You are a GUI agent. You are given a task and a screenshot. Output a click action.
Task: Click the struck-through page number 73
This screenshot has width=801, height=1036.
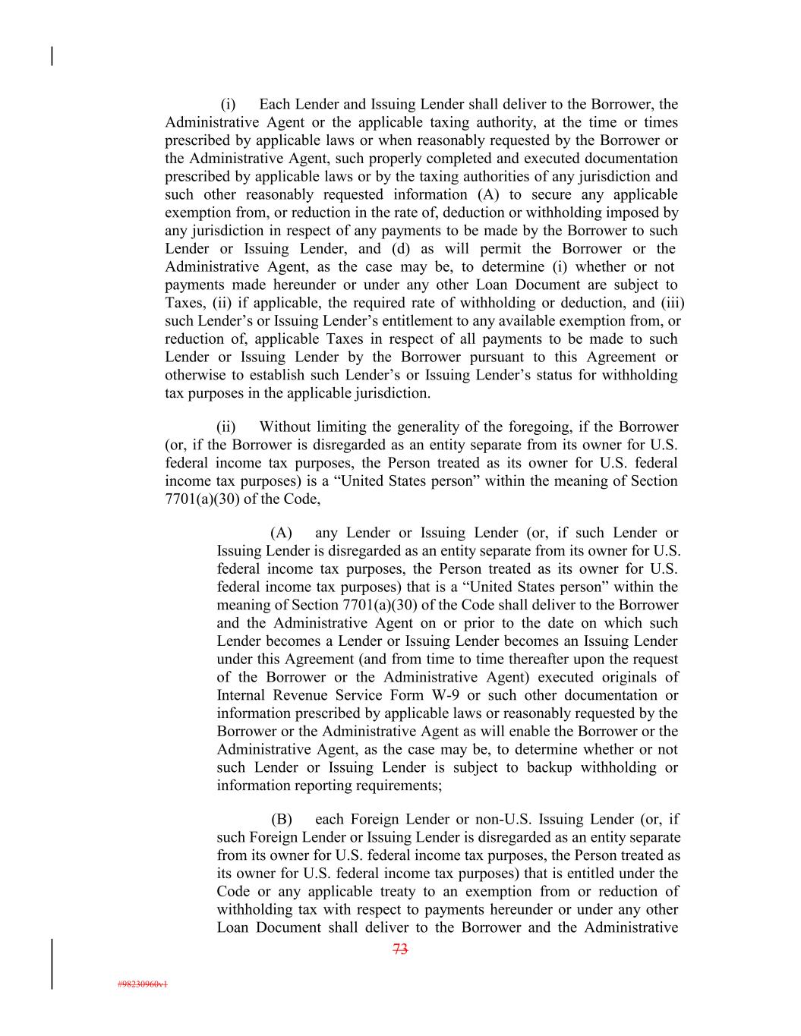401,949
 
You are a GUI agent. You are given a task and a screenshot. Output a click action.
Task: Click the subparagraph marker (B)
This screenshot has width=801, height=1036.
282,819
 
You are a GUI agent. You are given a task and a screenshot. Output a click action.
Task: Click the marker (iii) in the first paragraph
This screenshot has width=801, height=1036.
673,303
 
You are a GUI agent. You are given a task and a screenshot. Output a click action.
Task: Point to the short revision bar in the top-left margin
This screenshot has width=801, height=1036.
52,56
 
